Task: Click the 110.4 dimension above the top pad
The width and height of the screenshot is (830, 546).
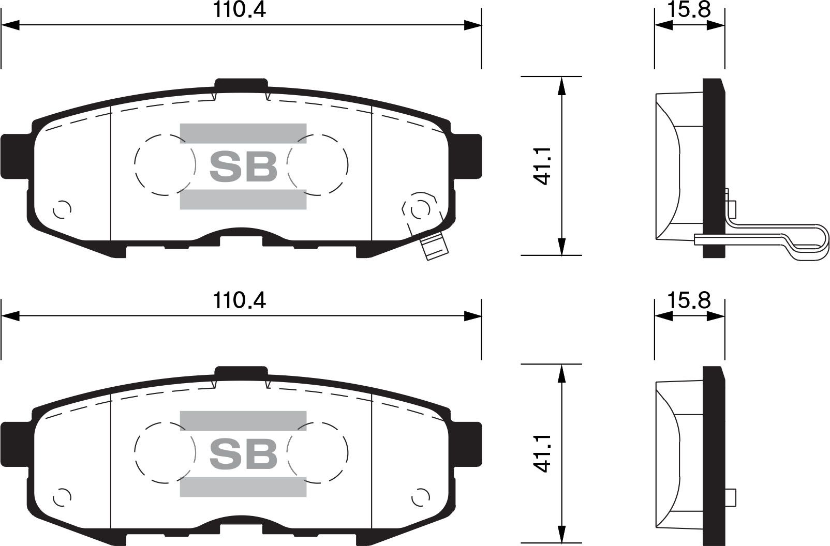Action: point(240,10)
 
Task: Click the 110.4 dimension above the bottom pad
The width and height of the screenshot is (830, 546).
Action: point(240,300)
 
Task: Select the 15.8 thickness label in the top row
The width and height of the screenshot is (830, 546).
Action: point(689,10)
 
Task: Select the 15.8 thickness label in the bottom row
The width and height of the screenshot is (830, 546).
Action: point(689,300)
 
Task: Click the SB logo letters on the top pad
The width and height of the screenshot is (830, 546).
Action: point(243,166)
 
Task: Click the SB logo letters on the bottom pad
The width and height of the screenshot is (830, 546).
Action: point(243,454)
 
